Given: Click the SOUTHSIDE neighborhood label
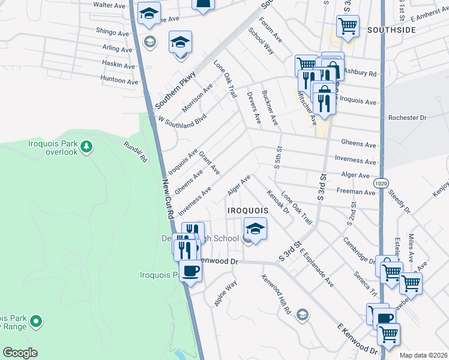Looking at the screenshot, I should click(391, 29).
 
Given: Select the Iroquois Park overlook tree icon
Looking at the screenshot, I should click(87, 146).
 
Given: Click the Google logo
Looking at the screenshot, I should click(20, 353).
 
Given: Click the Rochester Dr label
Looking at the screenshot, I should click(407, 118).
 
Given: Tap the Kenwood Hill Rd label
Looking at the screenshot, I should click(276, 295).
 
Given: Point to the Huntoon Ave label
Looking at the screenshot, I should click(119, 80).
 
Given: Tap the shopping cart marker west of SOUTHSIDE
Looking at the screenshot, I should click(348, 26).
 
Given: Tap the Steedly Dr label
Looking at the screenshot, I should click(399, 202).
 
